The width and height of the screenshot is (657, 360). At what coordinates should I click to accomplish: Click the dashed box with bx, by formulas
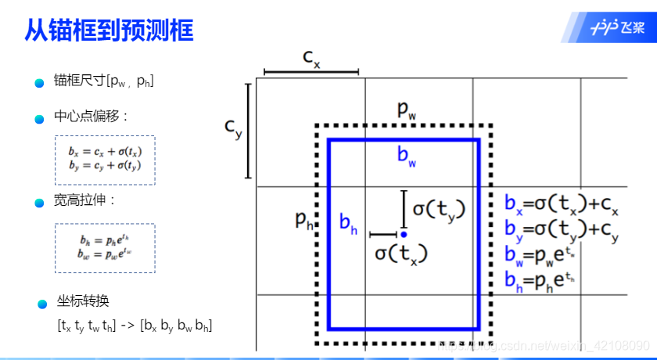pyautogui.click(x=105, y=160)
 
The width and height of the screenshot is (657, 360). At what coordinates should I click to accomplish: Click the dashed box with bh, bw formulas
pyautogui.click(x=105, y=247)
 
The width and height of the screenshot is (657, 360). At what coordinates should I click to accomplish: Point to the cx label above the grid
pyautogui.click(x=311, y=58)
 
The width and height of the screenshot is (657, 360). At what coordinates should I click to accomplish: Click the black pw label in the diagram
pyautogui.click(x=406, y=110)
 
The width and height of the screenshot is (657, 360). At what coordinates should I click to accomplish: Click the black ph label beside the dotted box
pyautogui.click(x=304, y=220)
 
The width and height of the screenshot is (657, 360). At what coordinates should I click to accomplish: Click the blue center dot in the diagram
pyautogui.click(x=404, y=234)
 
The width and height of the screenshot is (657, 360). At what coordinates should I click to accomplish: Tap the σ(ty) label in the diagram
pyautogui.click(x=439, y=209)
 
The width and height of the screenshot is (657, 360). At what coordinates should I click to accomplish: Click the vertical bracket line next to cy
pyautogui.click(x=248, y=131)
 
